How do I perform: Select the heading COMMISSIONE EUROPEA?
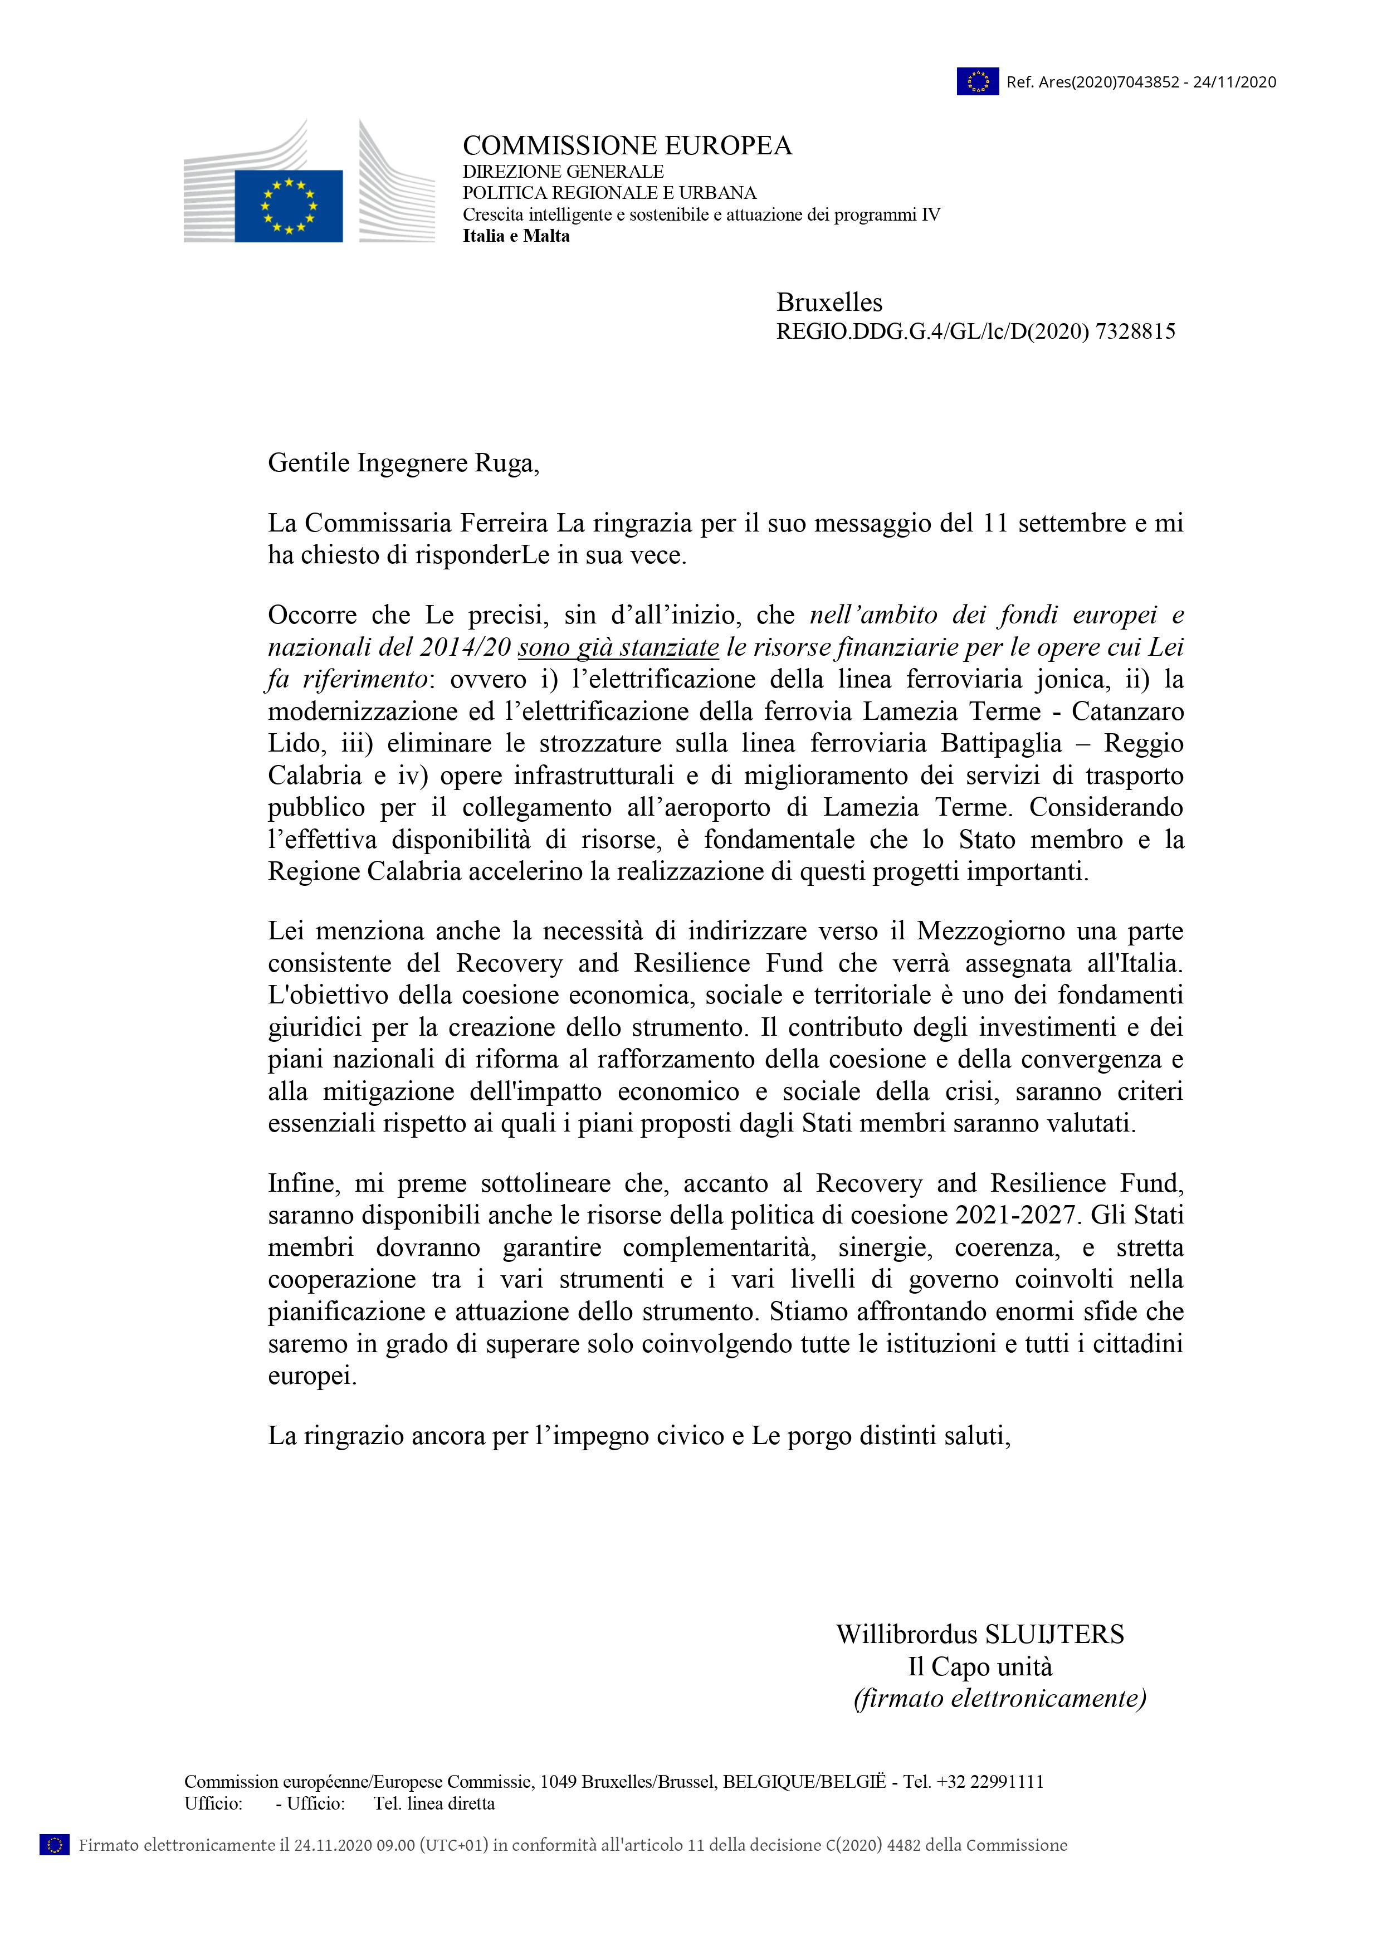[x=627, y=147]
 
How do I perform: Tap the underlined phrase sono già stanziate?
[x=618, y=647]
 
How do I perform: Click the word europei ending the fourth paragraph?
[x=311, y=1376]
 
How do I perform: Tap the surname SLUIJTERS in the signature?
[x=1054, y=1634]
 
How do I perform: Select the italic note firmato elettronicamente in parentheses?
[x=1000, y=1699]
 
